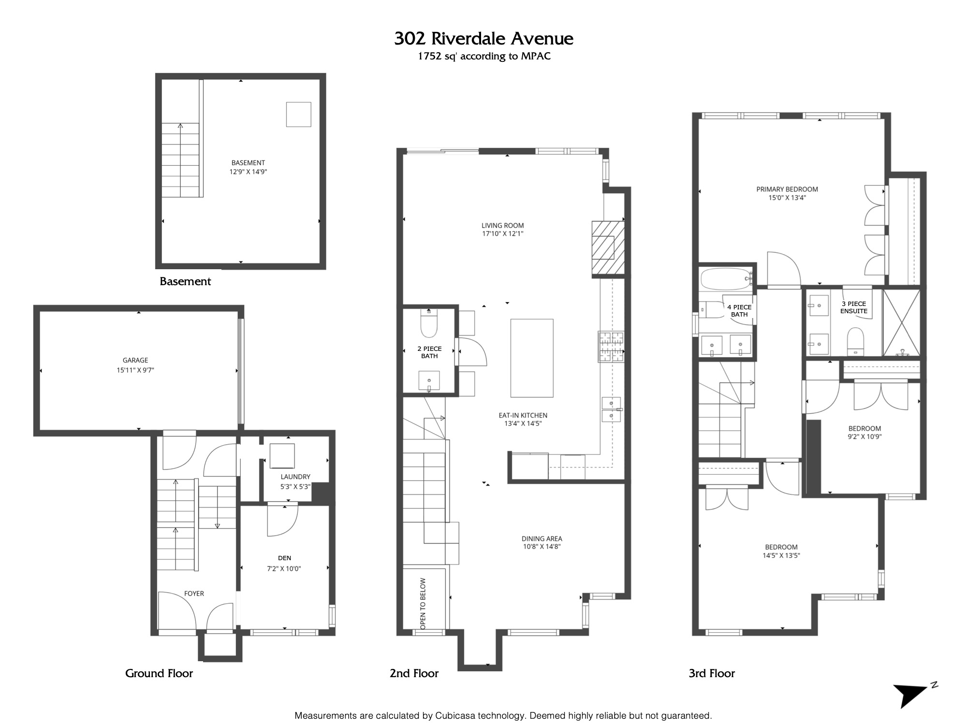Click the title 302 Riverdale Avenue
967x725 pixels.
click(483, 39)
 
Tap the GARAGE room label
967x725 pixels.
click(135, 360)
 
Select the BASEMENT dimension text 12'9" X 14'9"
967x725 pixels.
click(248, 172)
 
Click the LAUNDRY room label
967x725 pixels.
click(295, 477)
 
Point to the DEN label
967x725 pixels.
click(285, 558)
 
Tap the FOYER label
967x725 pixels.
click(194, 594)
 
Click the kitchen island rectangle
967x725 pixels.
click(532, 358)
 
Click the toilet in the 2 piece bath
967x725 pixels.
click(429, 323)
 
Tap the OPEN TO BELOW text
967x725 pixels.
click(423, 604)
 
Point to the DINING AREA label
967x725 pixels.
click(542, 538)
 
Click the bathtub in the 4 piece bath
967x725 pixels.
click(726, 279)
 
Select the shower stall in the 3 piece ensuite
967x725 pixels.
click(902, 323)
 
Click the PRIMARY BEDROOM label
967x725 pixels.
click(787, 189)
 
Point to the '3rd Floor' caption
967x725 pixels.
click(712, 673)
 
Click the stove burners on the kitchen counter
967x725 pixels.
click(612, 347)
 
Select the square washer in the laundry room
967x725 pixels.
click(282, 455)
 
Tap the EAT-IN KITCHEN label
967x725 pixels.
click(523, 415)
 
